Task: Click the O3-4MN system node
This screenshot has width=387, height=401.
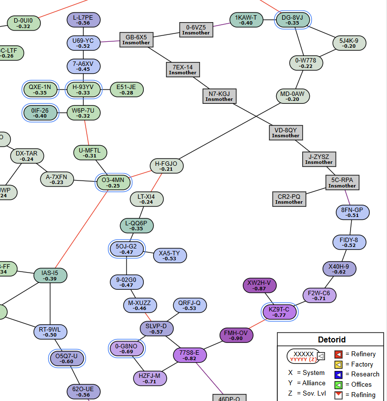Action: coord(114,183)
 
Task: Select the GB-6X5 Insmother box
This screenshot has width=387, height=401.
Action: coord(136,39)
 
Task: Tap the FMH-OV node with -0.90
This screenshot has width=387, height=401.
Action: coord(236,336)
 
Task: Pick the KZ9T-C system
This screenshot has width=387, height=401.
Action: coord(280,312)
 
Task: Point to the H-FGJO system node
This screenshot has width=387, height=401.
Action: coord(166,166)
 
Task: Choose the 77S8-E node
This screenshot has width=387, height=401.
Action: coord(190,355)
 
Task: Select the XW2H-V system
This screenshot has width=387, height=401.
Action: coord(259,285)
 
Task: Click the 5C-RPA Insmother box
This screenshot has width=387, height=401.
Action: coord(342,183)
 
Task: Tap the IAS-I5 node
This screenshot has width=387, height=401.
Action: coord(50,276)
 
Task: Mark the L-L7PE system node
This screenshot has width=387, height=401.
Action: coord(84,20)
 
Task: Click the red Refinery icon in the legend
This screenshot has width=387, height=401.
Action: coord(338,354)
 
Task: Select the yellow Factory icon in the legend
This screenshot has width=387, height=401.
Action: coord(338,365)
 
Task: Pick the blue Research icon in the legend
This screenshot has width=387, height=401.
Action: coord(338,374)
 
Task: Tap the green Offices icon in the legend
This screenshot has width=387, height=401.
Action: coord(338,385)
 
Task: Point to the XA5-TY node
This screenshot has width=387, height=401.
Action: coord(169,256)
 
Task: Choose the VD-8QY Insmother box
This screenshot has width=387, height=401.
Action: coord(286,133)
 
